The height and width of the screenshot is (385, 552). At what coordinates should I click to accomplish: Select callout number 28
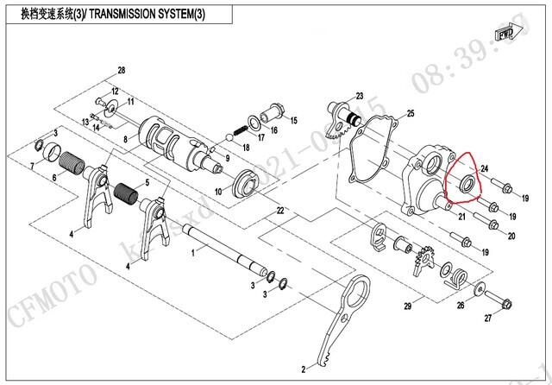(x=122, y=70)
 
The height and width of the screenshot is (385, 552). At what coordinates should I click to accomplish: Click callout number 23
(x=360, y=96)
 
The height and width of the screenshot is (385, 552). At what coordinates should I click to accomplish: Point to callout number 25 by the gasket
(x=411, y=113)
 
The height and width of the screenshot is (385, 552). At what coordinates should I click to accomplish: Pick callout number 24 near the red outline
(x=485, y=168)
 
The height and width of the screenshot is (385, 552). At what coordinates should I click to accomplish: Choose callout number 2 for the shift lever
(x=304, y=369)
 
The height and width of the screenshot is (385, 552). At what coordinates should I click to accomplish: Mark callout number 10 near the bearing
(x=219, y=191)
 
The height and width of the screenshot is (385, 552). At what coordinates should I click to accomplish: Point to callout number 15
(x=292, y=120)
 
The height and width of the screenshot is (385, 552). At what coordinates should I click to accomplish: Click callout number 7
(x=33, y=164)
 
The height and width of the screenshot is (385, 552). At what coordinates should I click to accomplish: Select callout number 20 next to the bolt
(x=512, y=236)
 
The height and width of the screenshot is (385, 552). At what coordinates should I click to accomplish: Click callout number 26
(x=461, y=305)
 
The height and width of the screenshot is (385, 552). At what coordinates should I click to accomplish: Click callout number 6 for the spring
(x=53, y=178)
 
